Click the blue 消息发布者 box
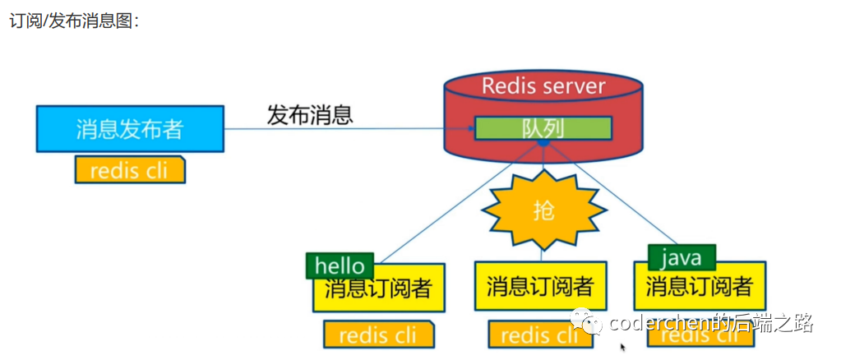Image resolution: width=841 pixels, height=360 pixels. pyautogui.click(x=130, y=128)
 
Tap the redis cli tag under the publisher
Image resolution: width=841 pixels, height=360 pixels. pyautogui.click(x=130, y=170)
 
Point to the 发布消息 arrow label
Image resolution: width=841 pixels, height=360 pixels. pyautogui.click(x=309, y=115)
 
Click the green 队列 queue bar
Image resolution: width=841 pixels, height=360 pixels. pyautogui.click(x=543, y=127)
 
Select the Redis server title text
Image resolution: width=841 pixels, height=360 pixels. pyautogui.click(x=543, y=86)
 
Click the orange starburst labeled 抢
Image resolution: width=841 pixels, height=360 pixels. pyautogui.click(x=543, y=210)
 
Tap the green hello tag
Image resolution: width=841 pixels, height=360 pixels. pyautogui.click(x=340, y=265)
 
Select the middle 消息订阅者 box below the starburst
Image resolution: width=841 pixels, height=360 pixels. pyautogui.click(x=539, y=286)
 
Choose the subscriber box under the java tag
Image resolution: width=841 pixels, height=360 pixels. pyautogui.click(x=700, y=288)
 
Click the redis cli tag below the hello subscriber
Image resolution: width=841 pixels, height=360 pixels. pyautogui.click(x=378, y=335)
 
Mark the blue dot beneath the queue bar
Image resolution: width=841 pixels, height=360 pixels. pyautogui.click(x=543, y=143)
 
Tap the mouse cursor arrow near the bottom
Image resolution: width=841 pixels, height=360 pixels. pyautogui.click(x=623, y=348)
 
